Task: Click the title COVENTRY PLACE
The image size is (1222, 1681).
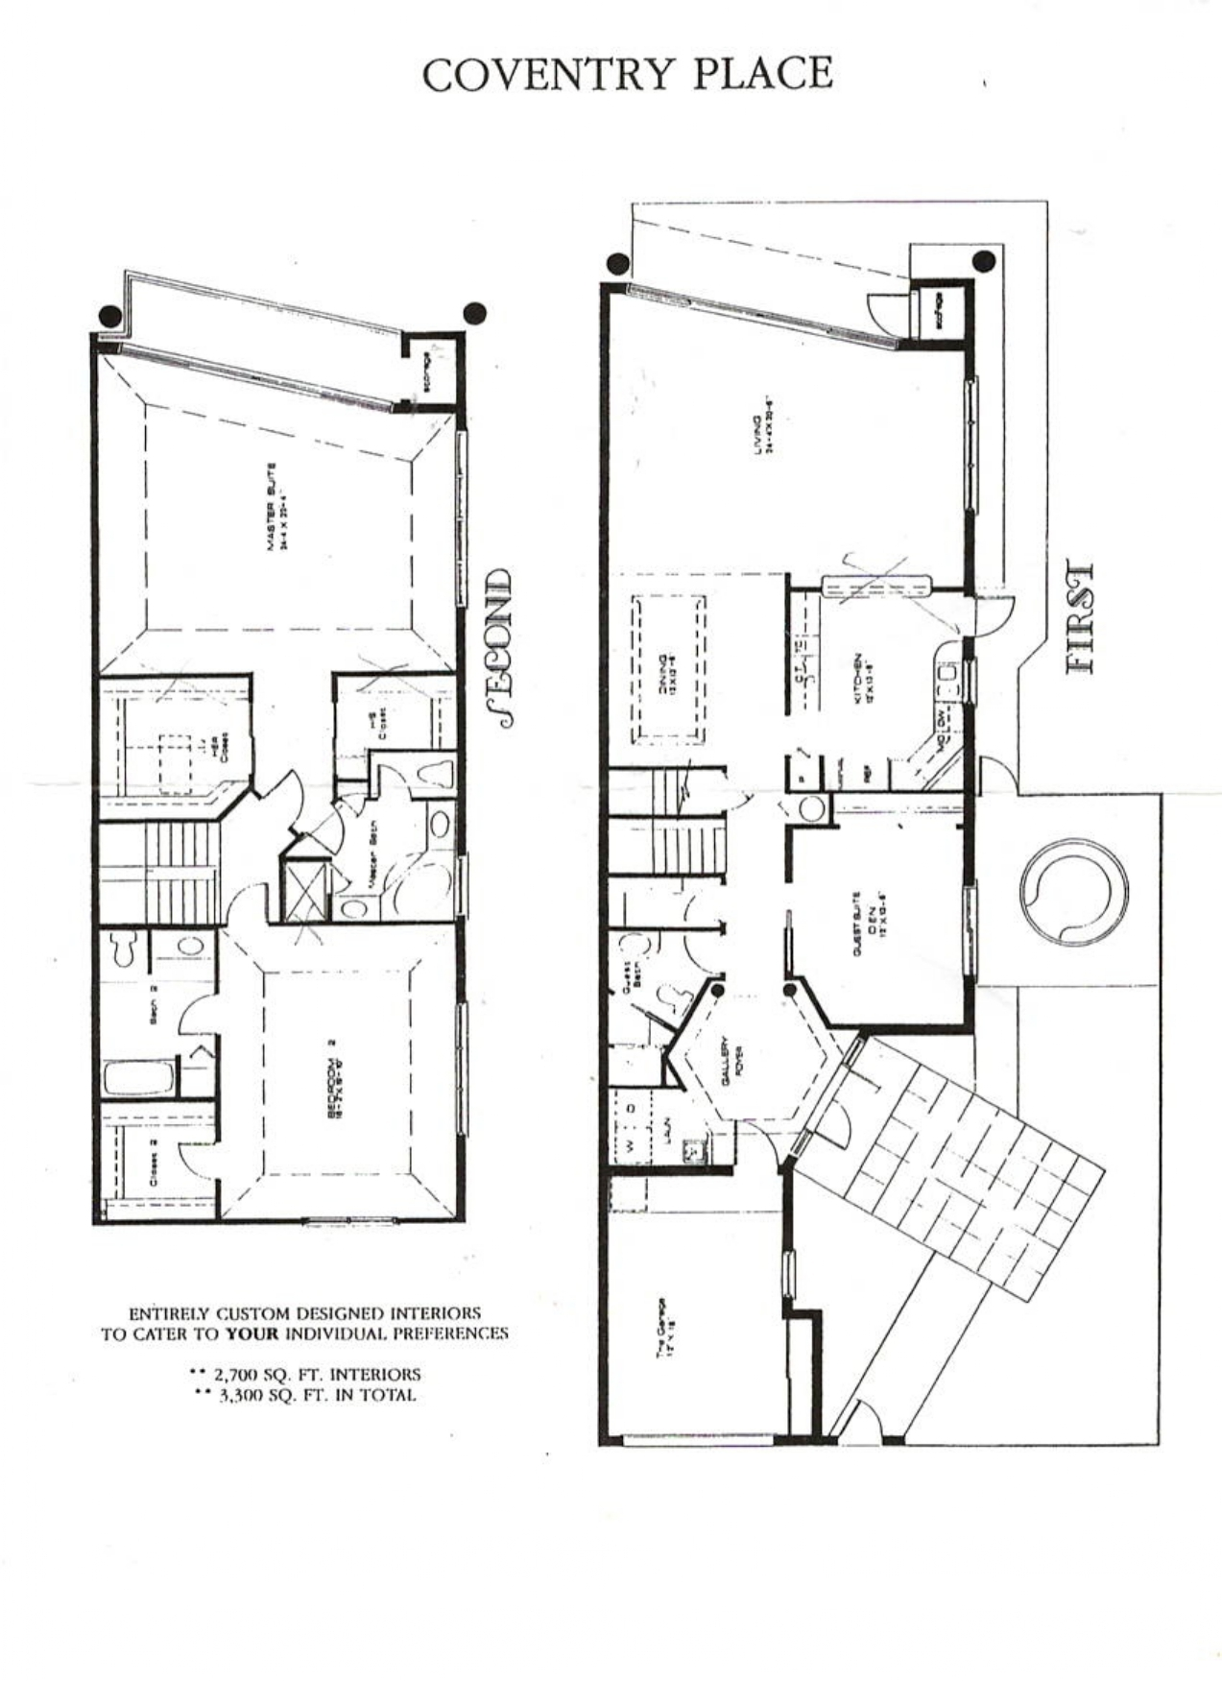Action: (628, 75)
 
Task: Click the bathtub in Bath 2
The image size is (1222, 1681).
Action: (140, 1077)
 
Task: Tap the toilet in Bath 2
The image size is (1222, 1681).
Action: (122, 949)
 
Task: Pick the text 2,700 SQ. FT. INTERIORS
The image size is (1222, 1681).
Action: (305, 1374)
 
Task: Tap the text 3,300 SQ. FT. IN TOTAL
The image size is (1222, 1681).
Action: (305, 1395)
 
